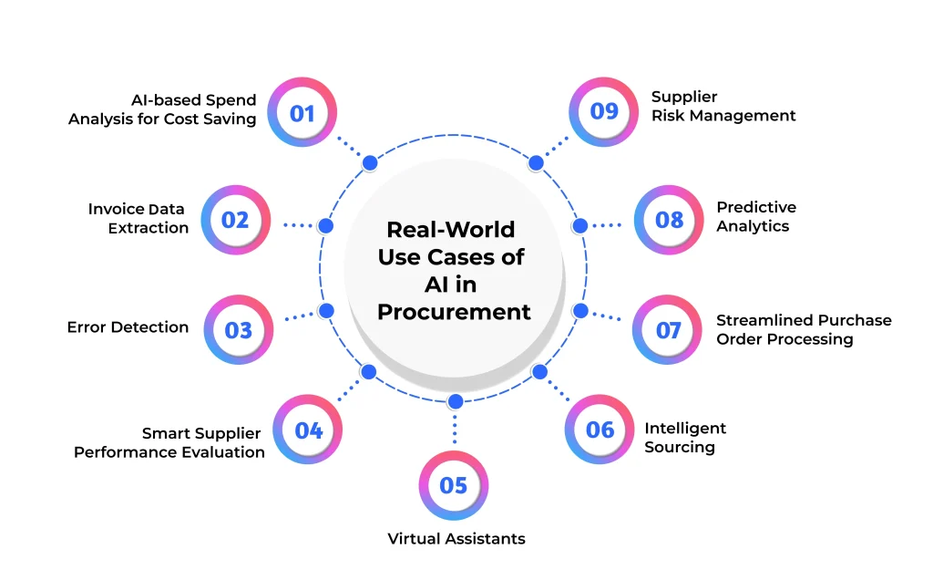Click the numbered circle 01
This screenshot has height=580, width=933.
coord(302,113)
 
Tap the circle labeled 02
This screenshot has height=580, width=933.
coord(235,220)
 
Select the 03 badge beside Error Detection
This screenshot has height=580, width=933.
coord(238,329)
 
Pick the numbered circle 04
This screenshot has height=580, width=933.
coord(309,430)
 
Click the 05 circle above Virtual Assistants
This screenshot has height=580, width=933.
coord(453,485)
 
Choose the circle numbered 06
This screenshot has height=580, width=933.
coord(600,430)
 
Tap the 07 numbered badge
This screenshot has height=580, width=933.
coord(669,329)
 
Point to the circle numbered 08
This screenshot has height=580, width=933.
coord(669,220)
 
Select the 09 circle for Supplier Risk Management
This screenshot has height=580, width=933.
coord(604,111)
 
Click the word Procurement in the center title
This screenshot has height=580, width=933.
coord(454,311)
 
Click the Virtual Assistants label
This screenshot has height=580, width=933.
coord(456,538)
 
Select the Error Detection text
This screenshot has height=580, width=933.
coord(128,326)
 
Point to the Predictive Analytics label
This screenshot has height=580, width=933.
coord(756,216)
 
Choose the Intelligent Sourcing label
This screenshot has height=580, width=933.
coord(685,438)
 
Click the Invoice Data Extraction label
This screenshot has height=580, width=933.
coord(138,218)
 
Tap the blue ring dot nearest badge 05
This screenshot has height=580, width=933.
coord(456,401)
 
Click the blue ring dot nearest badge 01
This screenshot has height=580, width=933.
coord(370,163)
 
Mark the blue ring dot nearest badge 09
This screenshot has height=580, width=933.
coord(536,163)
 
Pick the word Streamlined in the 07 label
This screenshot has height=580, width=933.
coord(764,320)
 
